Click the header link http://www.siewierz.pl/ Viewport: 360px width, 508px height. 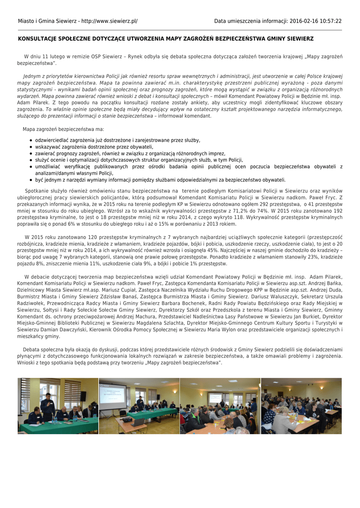click(109, 21)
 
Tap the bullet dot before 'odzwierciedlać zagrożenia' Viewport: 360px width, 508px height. click(31, 141)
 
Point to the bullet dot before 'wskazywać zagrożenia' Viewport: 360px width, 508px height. click(31, 147)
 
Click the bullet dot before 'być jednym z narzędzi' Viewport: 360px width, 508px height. click(31, 180)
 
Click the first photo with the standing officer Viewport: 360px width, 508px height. click(58, 406)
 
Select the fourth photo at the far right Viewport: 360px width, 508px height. click(301, 406)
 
